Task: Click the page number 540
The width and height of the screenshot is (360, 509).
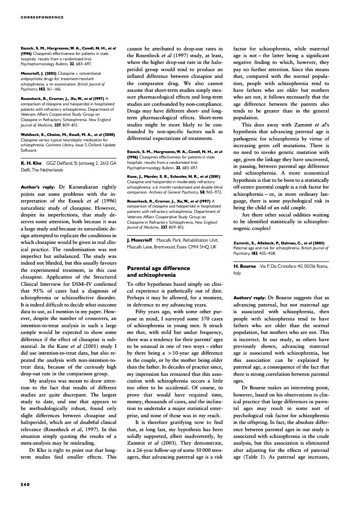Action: (25, 484)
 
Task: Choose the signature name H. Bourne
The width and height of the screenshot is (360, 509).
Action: (244, 266)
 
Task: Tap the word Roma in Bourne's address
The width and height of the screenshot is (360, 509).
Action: (321, 266)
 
